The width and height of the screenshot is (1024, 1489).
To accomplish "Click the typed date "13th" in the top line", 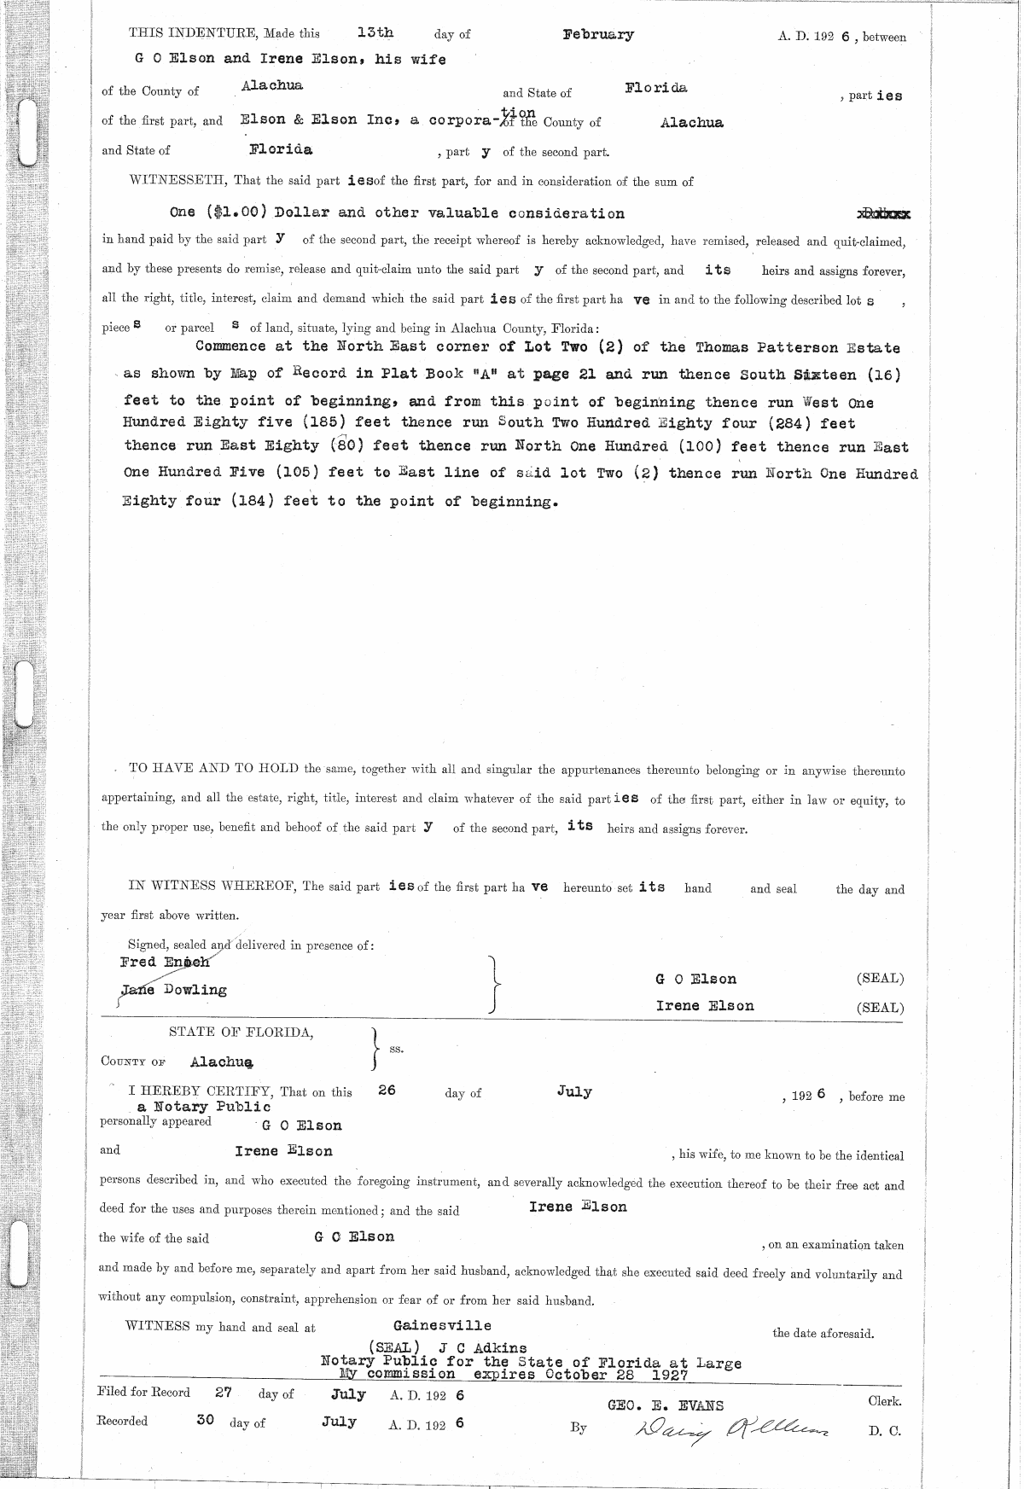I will pos(375,33).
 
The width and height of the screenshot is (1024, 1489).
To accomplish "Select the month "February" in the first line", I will pos(598,35).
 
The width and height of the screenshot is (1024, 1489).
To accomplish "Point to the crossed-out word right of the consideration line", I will pos(882,214).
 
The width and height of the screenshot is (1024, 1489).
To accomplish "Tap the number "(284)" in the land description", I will pos(774,422).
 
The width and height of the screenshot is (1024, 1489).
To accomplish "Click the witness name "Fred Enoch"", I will pos(165,962).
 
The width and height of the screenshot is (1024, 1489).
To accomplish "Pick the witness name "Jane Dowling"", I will pos(174,990).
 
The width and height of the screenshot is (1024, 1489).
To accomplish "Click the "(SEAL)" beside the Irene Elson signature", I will pos(880,1007).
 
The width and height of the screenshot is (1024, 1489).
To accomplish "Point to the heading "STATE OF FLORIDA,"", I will pos(241,1032).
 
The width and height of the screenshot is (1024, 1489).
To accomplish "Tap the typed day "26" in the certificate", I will pos(387,1091).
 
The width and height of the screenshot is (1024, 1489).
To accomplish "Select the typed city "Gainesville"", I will pos(442,1325).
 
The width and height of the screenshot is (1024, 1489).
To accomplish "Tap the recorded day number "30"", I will pos(205,1421).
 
